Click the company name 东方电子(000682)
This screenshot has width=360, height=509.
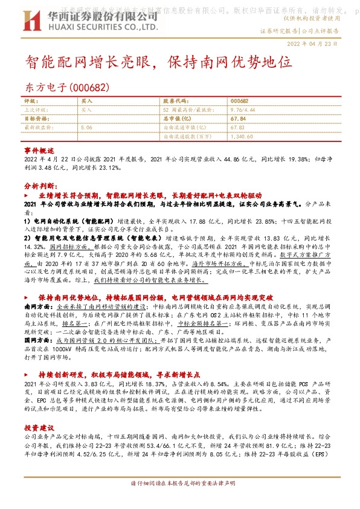[67, 88]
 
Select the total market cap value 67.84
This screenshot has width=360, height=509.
[237, 119]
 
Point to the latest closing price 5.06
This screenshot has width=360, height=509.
[86, 128]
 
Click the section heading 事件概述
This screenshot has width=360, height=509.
[39, 149]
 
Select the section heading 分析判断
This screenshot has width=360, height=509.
[39, 187]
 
